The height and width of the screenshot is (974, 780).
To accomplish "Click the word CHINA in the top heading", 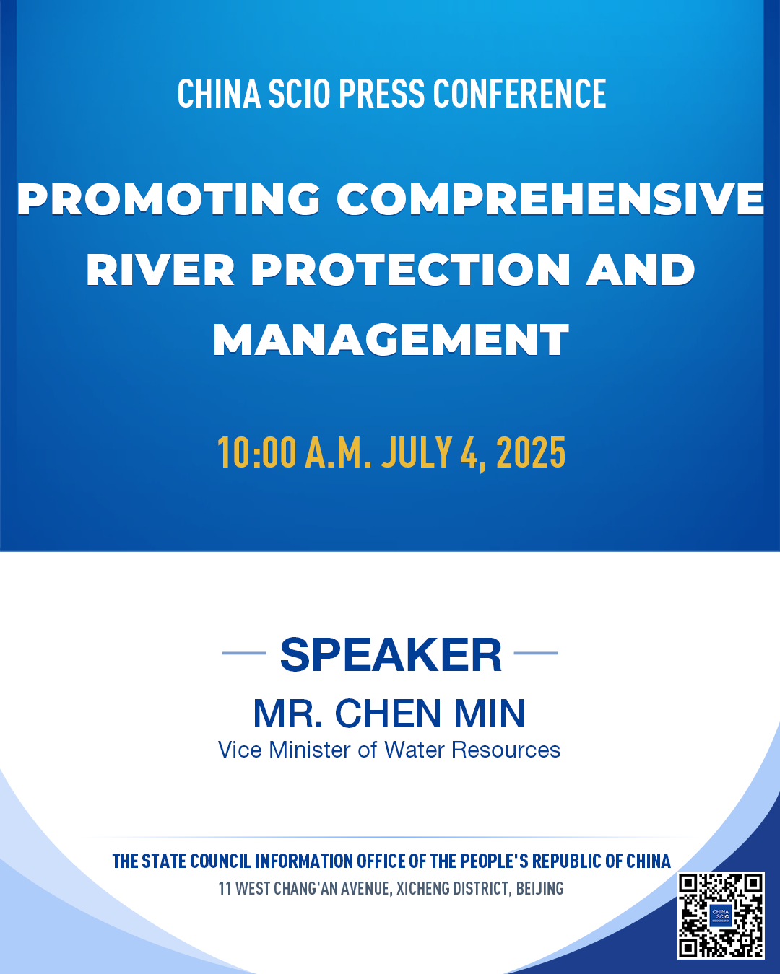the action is coord(219,93).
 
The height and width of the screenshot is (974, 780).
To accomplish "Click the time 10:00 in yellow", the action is coord(256,452).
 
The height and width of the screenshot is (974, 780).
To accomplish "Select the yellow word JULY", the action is coord(417,452).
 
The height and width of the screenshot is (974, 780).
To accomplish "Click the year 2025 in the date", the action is coord(531,452).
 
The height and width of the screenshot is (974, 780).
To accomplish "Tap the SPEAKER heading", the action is coord(391,655).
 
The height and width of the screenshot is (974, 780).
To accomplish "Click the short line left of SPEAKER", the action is coord(244,653).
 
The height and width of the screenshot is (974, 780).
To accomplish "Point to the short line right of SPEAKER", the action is coord(536,653).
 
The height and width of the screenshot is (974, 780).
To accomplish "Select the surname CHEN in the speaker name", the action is coord(388,714).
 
